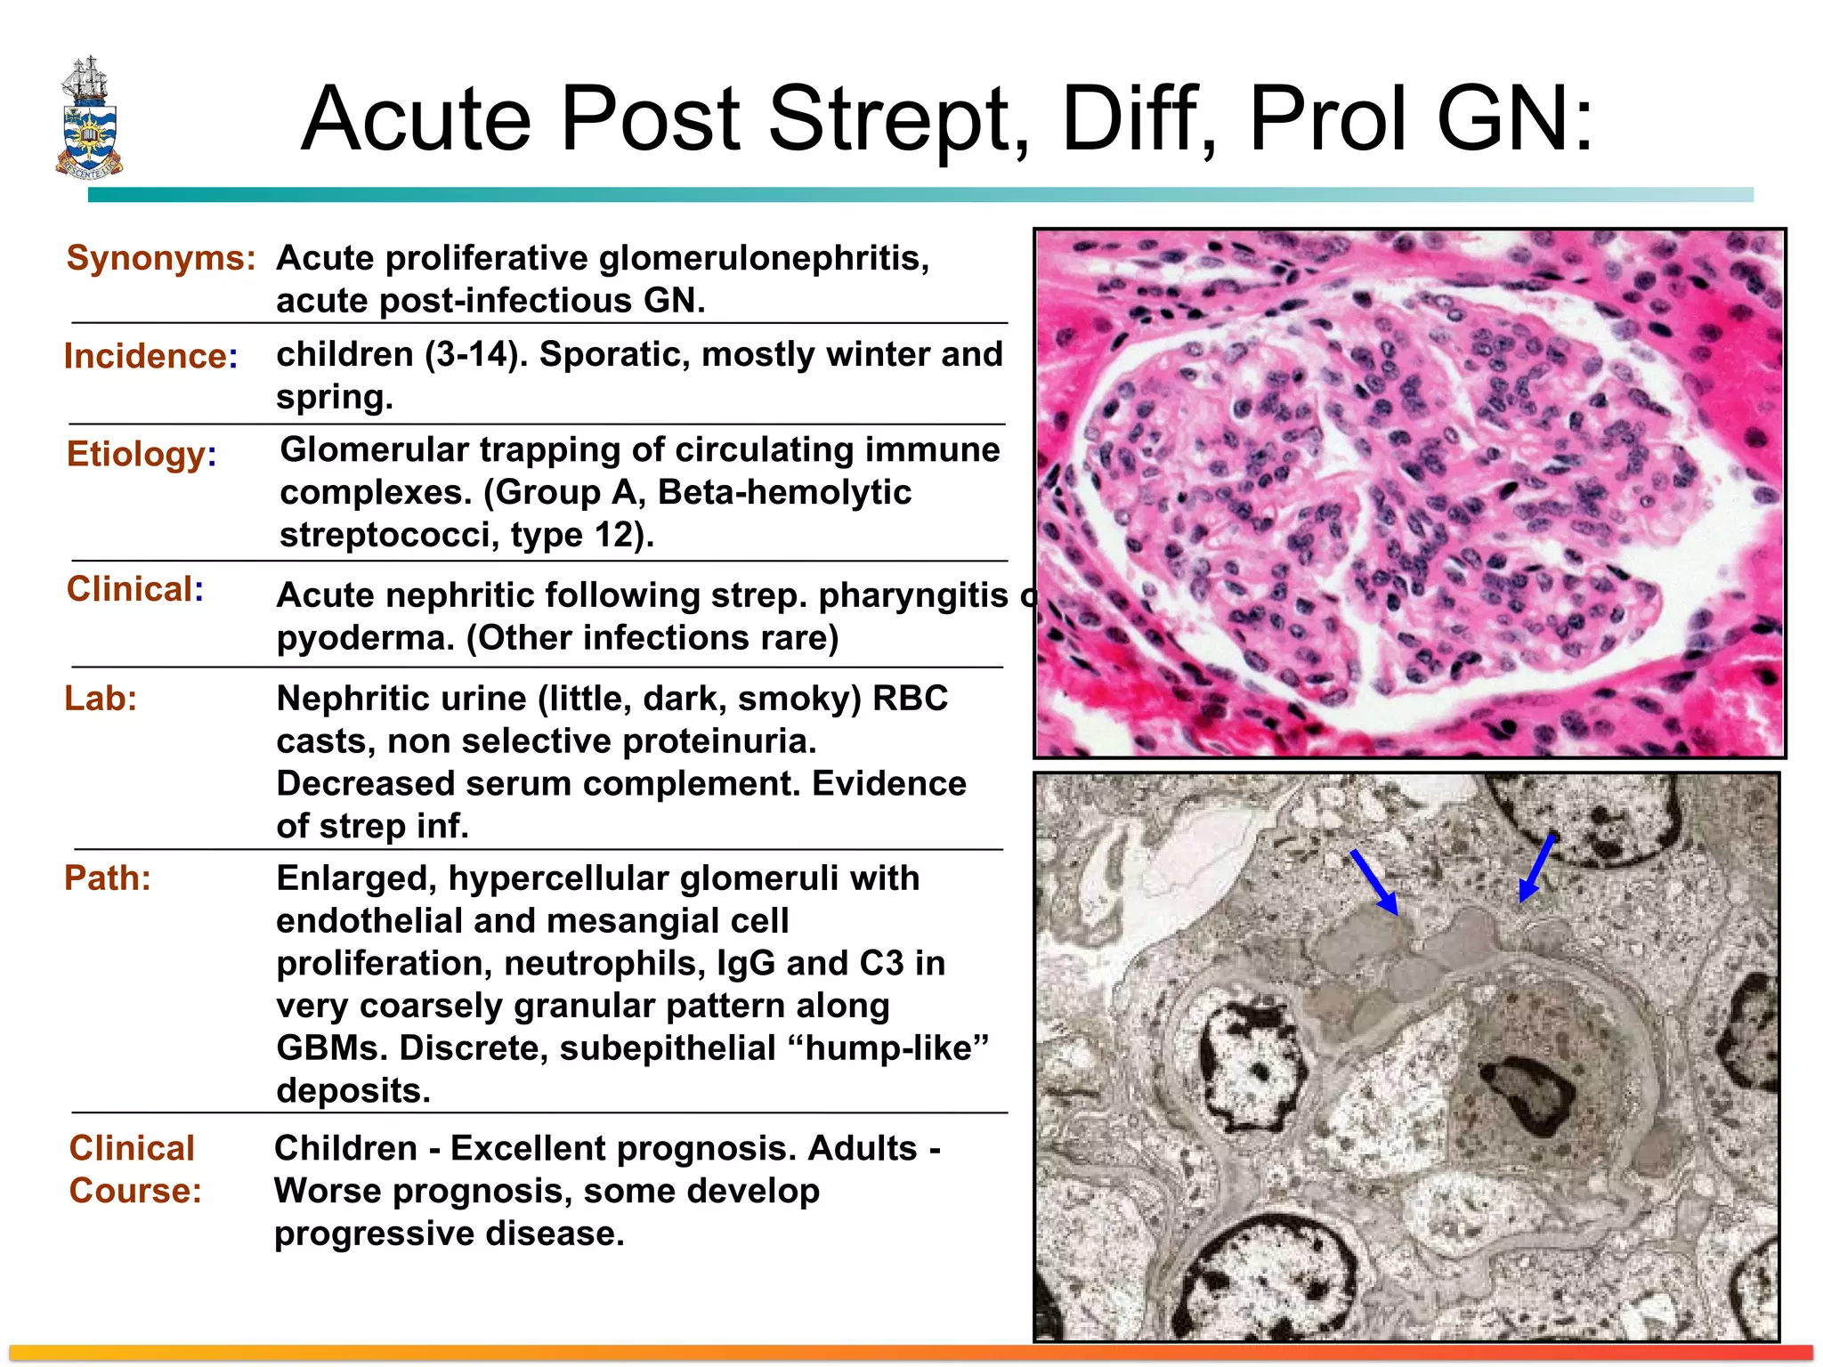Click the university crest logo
(89, 117)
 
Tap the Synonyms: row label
(161, 258)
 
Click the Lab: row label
(101, 699)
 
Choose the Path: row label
(108, 878)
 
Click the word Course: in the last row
(135, 1191)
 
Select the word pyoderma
(366, 638)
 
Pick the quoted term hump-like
(889, 1048)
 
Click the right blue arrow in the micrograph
(1537, 867)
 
